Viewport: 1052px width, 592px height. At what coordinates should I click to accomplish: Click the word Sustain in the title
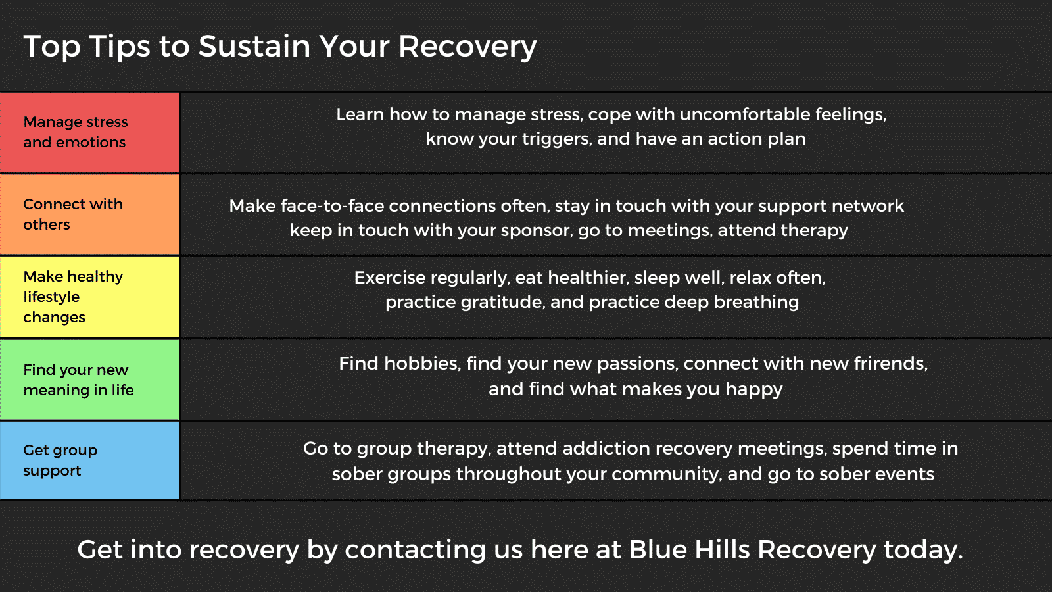point(254,47)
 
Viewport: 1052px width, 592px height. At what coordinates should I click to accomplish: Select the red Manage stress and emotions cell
point(89,132)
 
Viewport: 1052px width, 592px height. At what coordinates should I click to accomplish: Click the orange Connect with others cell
point(89,214)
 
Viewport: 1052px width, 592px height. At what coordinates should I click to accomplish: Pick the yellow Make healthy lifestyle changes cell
point(89,297)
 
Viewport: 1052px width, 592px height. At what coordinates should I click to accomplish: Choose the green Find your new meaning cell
point(89,380)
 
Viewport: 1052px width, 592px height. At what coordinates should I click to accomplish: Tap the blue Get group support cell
point(89,460)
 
